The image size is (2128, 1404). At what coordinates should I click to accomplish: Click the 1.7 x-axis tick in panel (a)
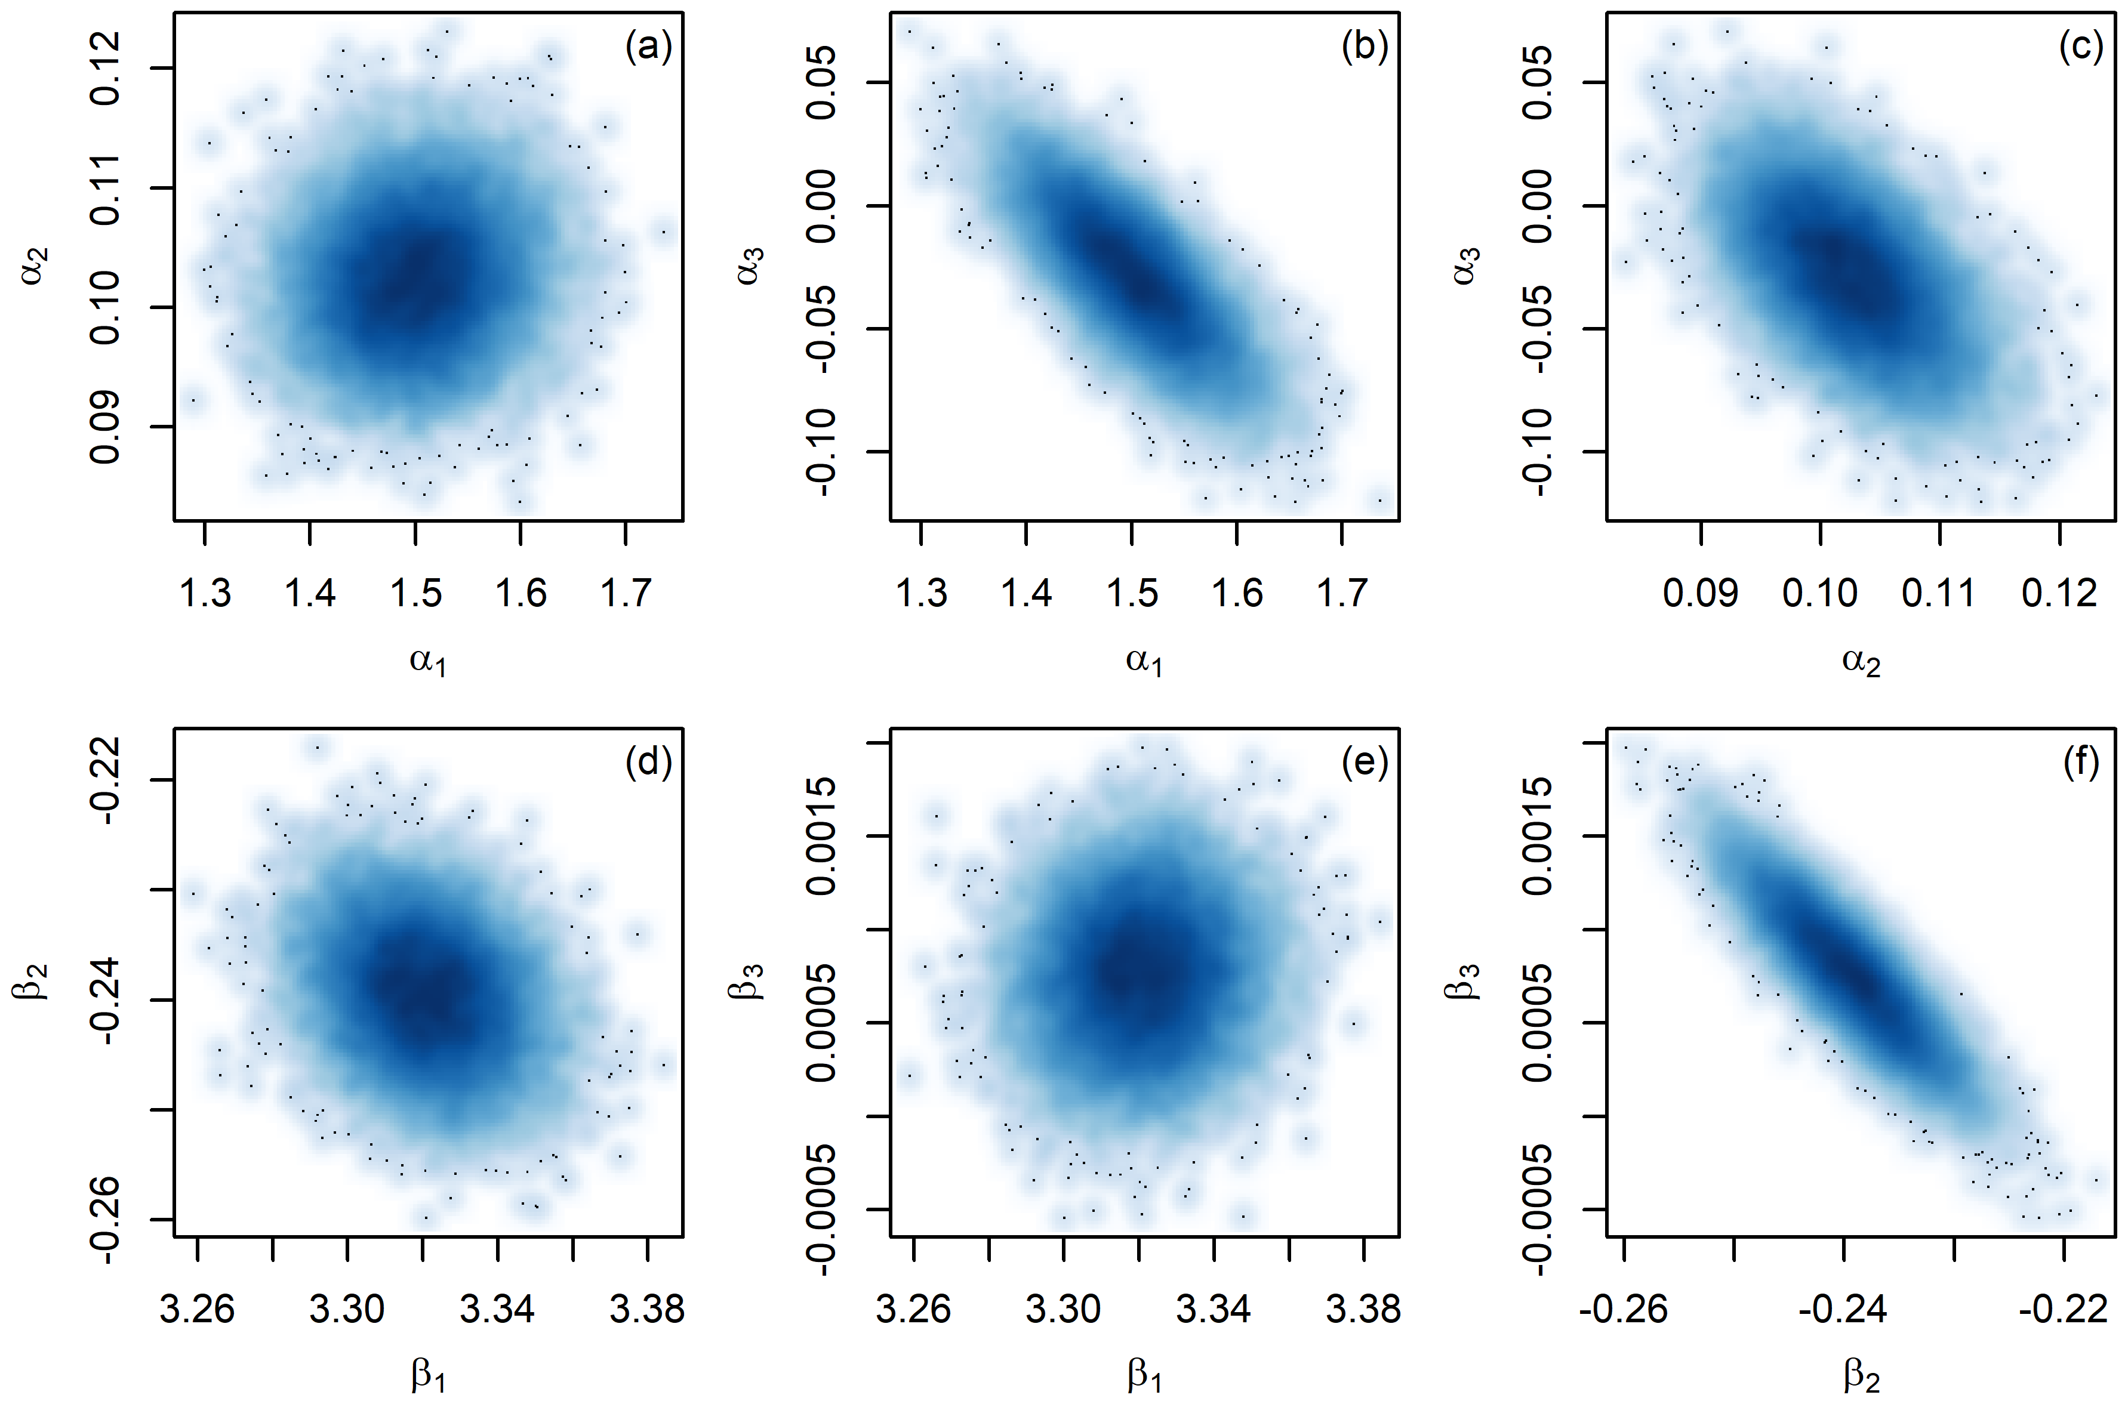(x=625, y=533)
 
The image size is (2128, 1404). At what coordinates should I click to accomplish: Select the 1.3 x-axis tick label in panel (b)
(x=922, y=593)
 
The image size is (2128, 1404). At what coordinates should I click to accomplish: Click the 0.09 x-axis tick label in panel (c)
(x=1701, y=593)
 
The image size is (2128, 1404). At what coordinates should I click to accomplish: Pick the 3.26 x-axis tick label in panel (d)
(x=197, y=1309)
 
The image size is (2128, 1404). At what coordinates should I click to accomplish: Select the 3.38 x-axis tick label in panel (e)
(x=1363, y=1309)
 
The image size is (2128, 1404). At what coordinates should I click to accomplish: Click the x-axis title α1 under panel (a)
(x=427, y=662)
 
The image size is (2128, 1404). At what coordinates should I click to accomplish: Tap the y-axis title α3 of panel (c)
(x=1465, y=266)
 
